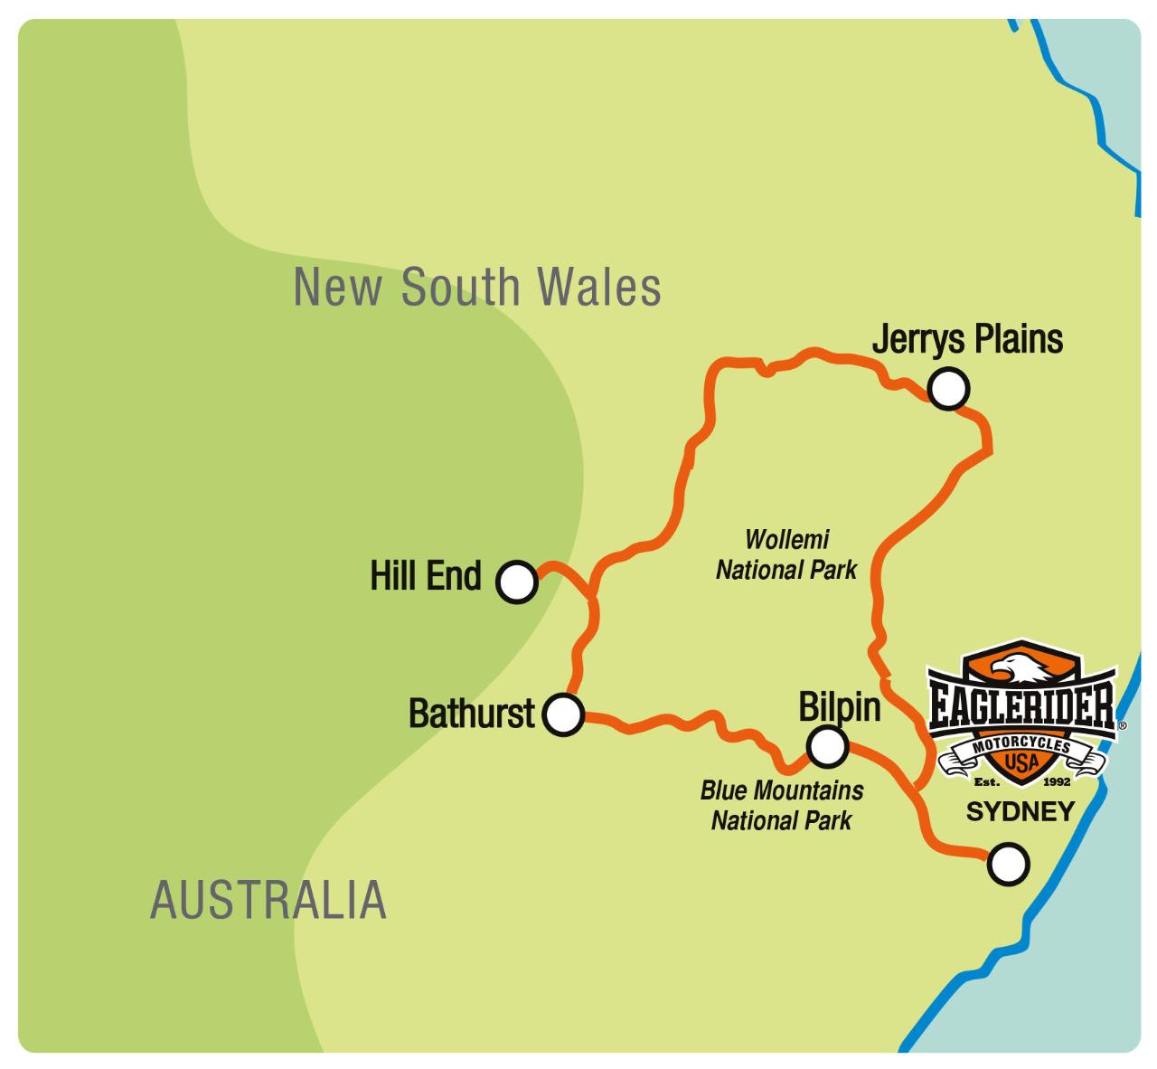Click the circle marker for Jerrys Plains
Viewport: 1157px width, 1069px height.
948,389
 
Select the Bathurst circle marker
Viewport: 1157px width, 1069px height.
562,715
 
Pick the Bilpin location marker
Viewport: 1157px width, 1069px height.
827,746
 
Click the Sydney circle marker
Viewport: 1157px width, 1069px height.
1008,864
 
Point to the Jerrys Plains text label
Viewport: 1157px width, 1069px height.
966,340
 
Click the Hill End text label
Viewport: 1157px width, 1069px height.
426,575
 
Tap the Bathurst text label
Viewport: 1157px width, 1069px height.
472,714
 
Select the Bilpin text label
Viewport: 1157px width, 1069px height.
839,706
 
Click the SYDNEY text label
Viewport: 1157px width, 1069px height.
1020,811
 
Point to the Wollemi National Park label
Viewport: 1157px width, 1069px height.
786,554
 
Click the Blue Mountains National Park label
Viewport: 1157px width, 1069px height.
782,805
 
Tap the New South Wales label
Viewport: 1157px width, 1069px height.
477,287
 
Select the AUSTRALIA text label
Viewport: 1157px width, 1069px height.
268,900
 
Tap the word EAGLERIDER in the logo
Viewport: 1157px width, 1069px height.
1022,706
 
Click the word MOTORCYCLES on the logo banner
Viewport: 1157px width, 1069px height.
1022,743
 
